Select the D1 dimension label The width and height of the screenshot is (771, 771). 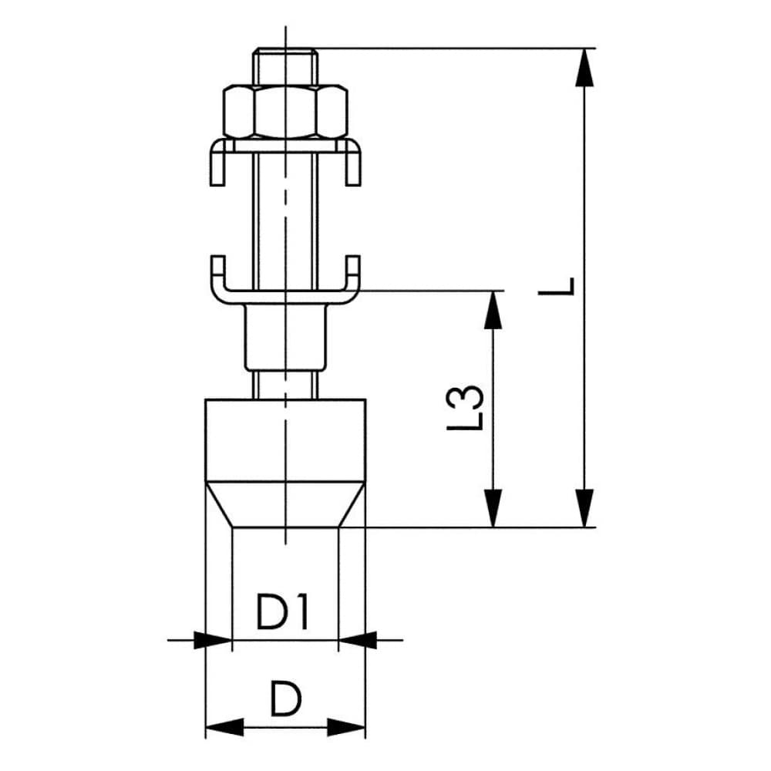[x=284, y=614]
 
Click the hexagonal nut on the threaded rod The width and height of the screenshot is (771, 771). [x=284, y=112]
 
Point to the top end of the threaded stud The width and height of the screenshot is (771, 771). [x=284, y=52]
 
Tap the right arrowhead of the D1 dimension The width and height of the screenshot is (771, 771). [x=357, y=639]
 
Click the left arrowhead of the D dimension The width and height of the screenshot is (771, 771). [x=224, y=726]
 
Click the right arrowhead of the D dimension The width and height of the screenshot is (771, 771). [x=347, y=726]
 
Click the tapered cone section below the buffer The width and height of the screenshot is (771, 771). [x=284, y=505]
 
